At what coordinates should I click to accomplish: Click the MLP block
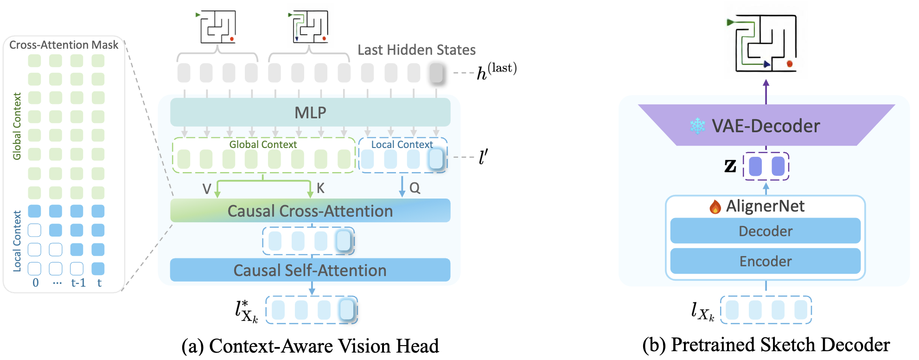coord(310,112)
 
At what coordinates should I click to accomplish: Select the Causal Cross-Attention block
coord(310,211)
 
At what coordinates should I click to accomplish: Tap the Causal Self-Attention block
coord(310,270)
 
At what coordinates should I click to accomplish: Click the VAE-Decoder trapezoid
coord(766,126)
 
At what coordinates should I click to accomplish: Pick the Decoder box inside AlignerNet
coord(766,231)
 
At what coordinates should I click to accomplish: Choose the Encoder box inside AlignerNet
coord(766,261)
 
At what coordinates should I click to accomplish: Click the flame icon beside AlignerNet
coord(715,206)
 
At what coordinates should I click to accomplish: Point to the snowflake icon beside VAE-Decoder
coord(697,126)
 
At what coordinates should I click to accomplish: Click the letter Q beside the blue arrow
coord(415,188)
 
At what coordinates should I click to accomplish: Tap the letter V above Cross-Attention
coord(207,188)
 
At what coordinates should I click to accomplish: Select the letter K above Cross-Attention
coord(320,188)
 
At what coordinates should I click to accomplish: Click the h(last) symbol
coord(497,71)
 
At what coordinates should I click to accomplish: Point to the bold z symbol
coord(730,166)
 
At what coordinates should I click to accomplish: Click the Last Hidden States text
coord(416,50)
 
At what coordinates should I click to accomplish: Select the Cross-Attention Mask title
coord(64,45)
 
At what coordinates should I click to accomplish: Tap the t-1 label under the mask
coord(78,283)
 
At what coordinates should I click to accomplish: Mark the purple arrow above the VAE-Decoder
coord(766,91)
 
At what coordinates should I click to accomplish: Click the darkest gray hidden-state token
coord(436,73)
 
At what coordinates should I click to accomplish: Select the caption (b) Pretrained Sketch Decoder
coord(766,345)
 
